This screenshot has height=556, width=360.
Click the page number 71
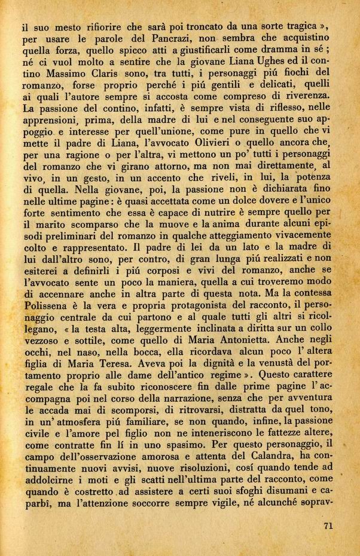327,526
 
